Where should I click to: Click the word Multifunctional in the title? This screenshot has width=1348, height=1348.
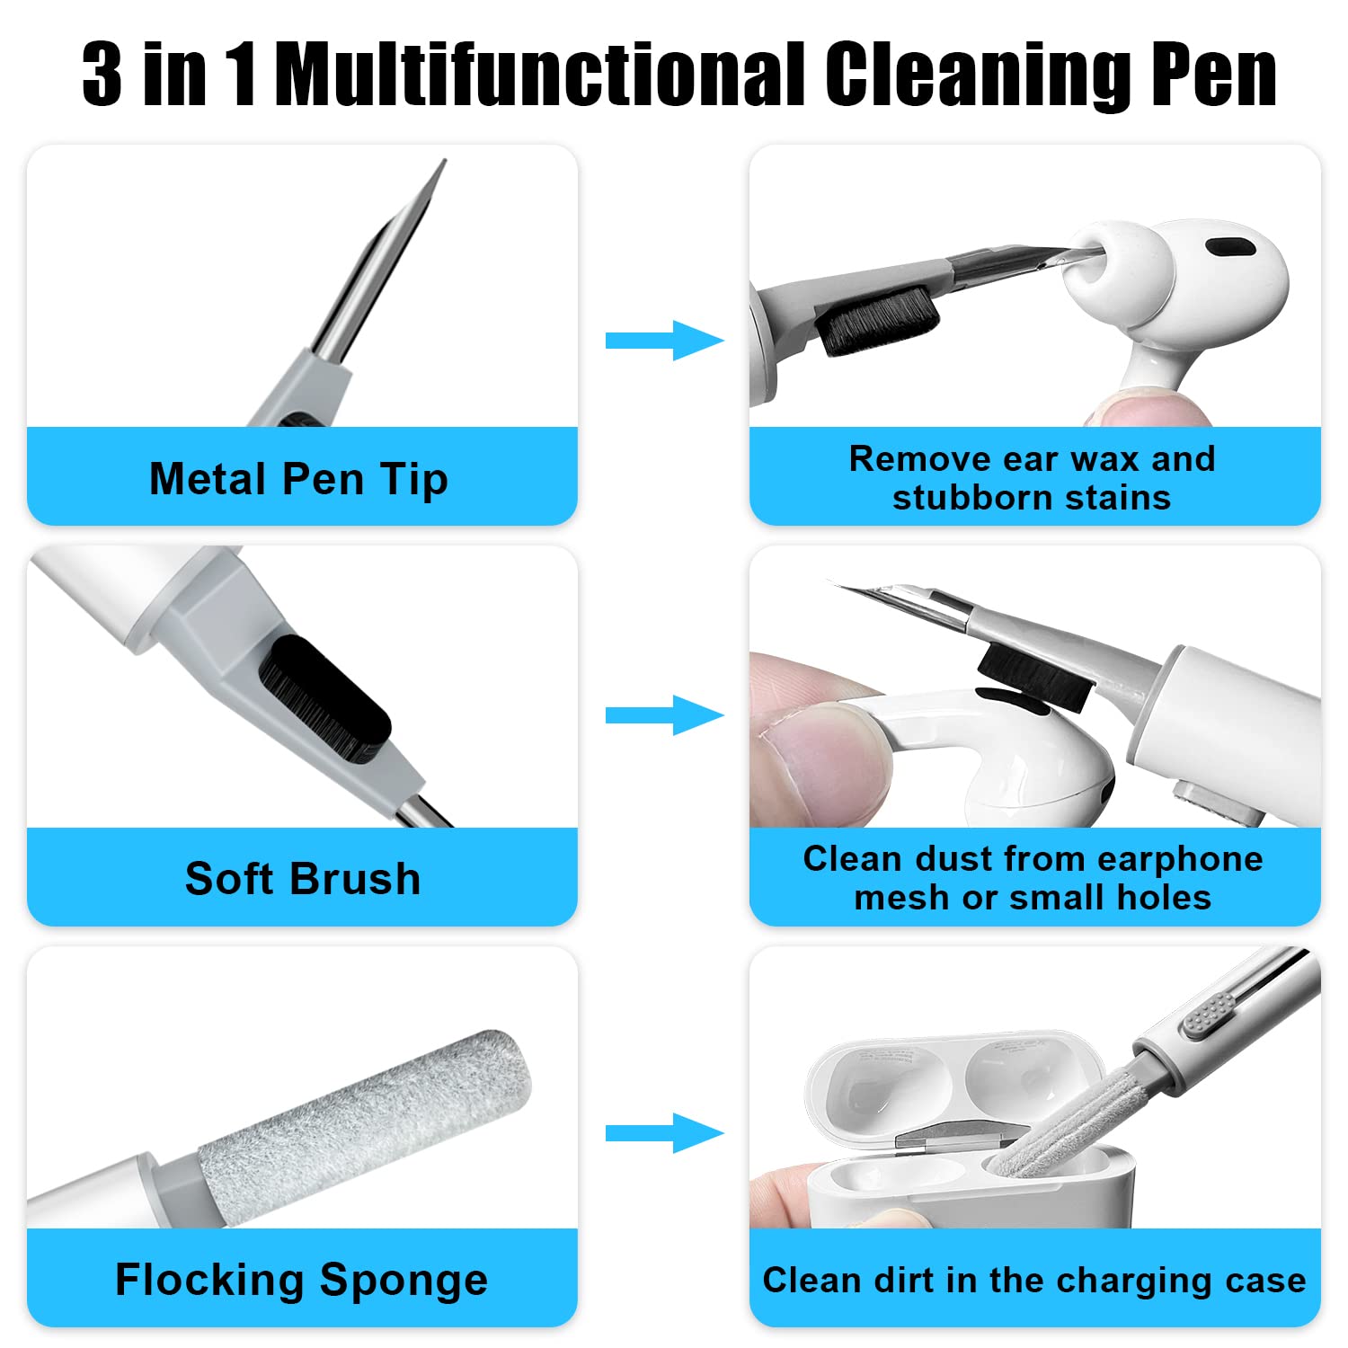(x=543, y=75)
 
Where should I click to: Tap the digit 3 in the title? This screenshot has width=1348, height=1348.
(x=102, y=75)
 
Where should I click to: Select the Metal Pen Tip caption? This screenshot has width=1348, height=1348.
(x=298, y=479)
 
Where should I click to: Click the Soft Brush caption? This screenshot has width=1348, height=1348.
(x=303, y=879)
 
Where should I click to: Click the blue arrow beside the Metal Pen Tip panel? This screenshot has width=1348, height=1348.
(x=664, y=340)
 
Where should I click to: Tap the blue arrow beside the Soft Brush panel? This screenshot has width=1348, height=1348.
(x=664, y=715)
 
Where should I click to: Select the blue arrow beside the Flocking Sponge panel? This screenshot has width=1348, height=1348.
(x=664, y=1133)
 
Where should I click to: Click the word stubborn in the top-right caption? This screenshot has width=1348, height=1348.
(x=977, y=497)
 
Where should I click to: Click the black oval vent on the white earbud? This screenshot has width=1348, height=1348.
(x=1228, y=247)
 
